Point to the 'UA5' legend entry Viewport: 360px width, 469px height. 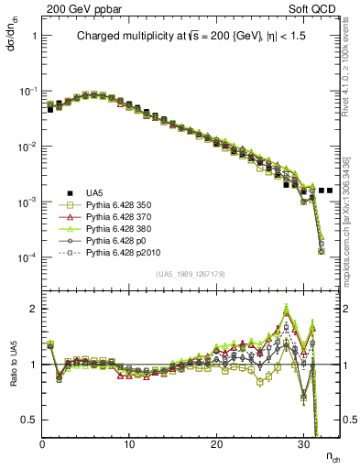(94, 192)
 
